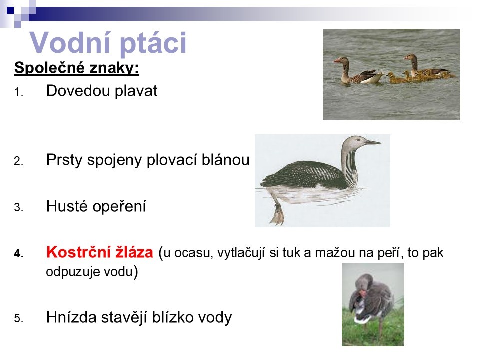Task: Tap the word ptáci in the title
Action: (153, 44)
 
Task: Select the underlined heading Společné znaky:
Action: (77, 67)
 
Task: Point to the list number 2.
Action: (18, 160)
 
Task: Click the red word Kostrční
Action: (78, 252)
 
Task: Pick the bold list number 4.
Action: (18, 254)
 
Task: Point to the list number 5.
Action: (18, 318)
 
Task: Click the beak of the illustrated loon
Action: (373, 142)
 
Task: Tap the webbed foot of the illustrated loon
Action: (277, 213)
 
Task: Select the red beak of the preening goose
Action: (362, 294)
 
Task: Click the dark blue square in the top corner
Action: (10, 10)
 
